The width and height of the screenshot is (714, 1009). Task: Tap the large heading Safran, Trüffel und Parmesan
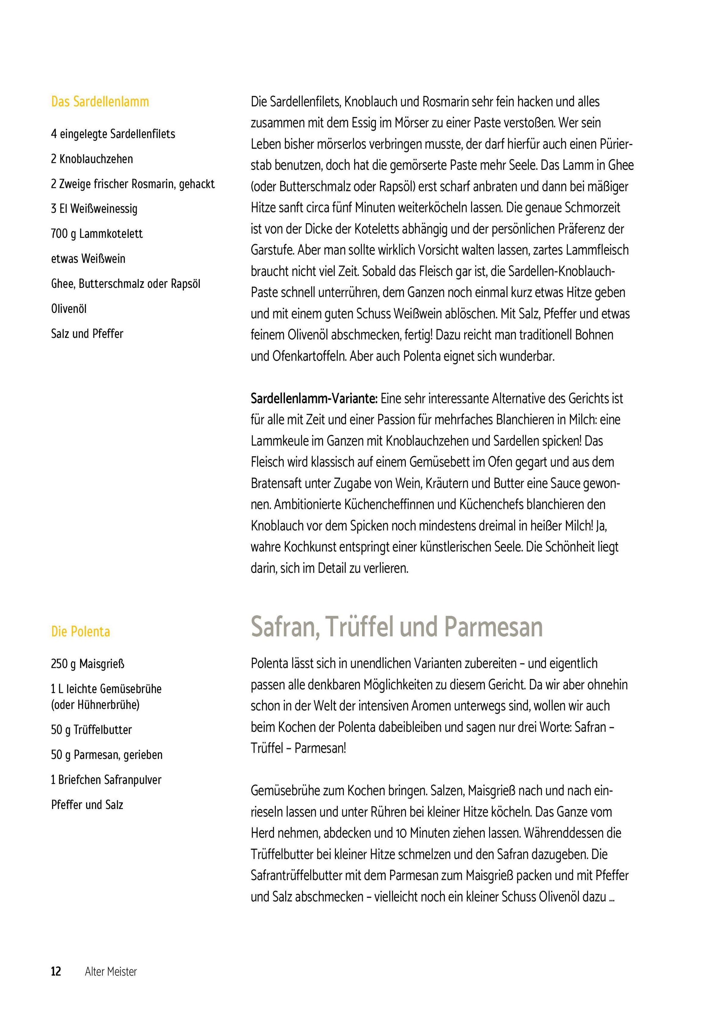click(x=397, y=627)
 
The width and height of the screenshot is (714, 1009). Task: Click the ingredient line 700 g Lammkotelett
click(x=97, y=233)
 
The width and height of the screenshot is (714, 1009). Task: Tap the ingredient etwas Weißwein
click(x=88, y=258)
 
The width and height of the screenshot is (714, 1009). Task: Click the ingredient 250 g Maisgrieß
click(x=87, y=663)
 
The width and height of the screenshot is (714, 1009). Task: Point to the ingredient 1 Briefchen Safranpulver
click(x=106, y=780)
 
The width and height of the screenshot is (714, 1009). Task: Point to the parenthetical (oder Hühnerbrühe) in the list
click(x=95, y=704)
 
